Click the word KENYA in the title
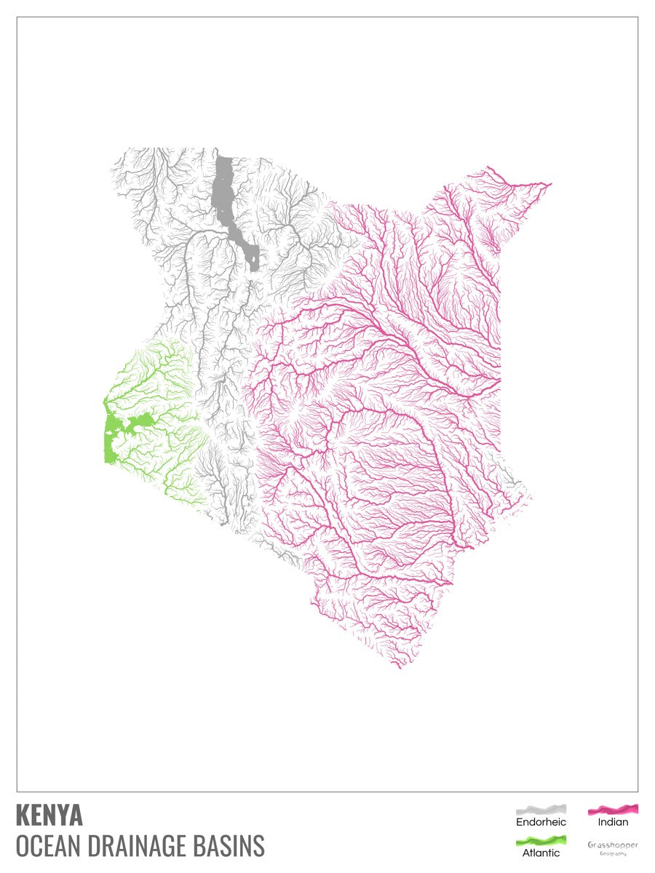pyautogui.click(x=49, y=816)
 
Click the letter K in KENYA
pyautogui.click(x=21, y=816)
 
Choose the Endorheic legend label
pyautogui.click(x=541, y=822)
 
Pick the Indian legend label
pyautogui.click(x=613, y=822)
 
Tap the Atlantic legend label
pyautogui.click(x=541, y=853)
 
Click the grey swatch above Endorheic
pyautogui.click(x=541, y=809)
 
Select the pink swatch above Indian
pyautogui.click(x=613, y=809)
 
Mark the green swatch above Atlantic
pyautogui.click(x=541, y=841)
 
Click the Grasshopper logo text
pyautogui.click(x=613, y=845)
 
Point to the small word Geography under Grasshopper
pyautogui.click(x=613, y=853)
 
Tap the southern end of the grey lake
pyautogui.click(x=253, y=266)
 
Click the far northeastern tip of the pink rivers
pyautogui.click(x=549, y=184)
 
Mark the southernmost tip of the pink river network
pyautogui.click(x=400, y=666)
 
